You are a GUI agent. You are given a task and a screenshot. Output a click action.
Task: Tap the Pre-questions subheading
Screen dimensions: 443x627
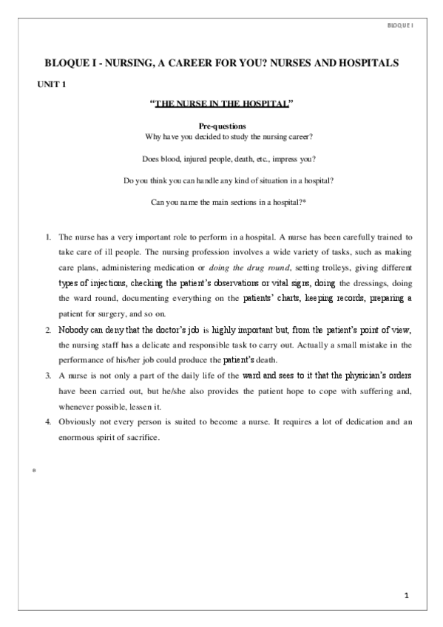click(223, 127)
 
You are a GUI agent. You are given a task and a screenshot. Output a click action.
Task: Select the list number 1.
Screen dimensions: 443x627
click(48, 237)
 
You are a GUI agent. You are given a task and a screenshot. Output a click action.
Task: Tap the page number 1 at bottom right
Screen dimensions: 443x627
click(406, 595)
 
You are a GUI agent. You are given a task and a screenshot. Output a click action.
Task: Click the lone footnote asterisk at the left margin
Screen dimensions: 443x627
click(35, 472)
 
